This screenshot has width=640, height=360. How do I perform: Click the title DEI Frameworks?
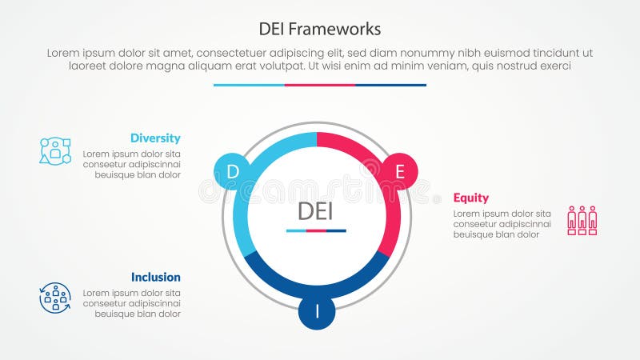(x=320, y=28)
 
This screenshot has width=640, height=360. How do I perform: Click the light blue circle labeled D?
(x=233, y=170)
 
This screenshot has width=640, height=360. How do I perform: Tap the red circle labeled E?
(x=400, y=170)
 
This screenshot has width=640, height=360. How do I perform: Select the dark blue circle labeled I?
(x=317, y=311)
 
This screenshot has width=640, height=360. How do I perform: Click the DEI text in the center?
(x=316, y=210)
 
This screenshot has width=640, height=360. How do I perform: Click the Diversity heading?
(x=155, y=138)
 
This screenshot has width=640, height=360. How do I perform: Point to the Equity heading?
(x=471, y=198)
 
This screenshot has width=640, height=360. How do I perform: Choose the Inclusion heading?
(x=155, y=277)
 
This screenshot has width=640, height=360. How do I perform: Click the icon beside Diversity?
(x=55, y=150)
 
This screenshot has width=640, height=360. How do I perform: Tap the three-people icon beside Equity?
(x=582, y=220)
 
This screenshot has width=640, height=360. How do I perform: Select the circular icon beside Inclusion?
(x=55, y=298)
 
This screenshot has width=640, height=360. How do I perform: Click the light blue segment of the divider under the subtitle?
(x=249, y=85)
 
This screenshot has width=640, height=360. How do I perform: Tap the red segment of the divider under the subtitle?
(x=320, y=85)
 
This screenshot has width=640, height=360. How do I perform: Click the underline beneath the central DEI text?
(x=316, y=230)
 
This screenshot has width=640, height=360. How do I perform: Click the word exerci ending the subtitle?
(x=553, y=66)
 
